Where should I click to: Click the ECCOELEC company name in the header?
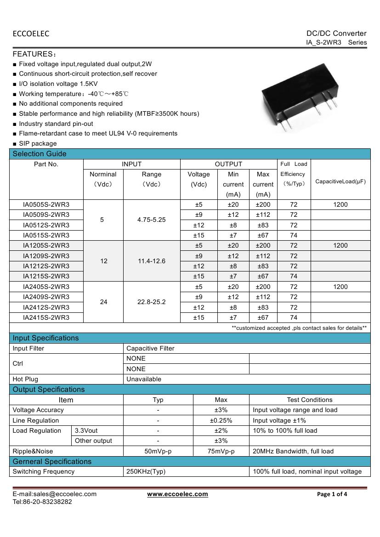(31, 34)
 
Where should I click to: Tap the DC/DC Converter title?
(336, 33)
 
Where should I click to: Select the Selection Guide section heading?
(40, 154)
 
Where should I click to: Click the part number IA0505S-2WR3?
(46, 204)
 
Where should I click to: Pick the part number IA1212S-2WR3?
(46, 266)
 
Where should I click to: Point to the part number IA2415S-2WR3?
(46, 317)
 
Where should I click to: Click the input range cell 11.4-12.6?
(152, 261)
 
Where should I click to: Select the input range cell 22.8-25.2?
(152, 302)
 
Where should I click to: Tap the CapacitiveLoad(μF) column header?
(340, 181)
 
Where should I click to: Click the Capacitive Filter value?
(150, 348)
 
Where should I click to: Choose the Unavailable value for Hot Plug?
(144, 379)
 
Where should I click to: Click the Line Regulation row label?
(36, 420)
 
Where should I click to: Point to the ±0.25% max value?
(221, 420)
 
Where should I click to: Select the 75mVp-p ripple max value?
(221, 451)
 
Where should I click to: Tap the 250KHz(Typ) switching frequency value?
(146, 471)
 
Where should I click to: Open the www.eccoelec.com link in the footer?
(177, 494)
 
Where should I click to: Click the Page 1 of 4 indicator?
(332, 494)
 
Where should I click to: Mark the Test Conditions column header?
(310, 400)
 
